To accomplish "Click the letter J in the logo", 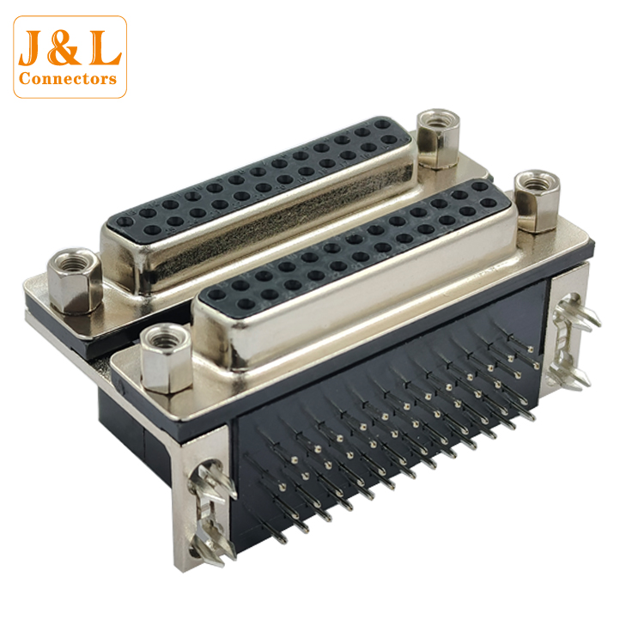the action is click(33, 47).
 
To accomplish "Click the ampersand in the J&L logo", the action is click(64, 48).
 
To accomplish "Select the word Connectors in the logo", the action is click(68, 78).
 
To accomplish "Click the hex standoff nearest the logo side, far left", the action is click(75, 281).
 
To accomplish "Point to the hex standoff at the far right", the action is click(537, 201).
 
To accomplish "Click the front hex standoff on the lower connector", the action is click(166, 358).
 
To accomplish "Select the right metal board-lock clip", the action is click(574, 342).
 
